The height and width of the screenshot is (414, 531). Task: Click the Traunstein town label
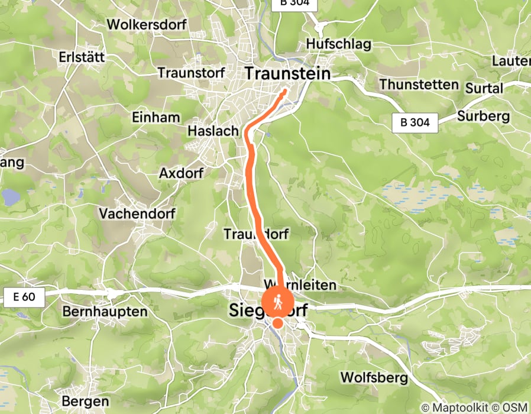tap(287, 73)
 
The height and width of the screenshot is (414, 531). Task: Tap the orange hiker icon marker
tap(277, 303)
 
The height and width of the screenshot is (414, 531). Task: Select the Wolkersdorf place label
tap(147, 25)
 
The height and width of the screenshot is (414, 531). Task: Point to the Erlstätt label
tap(82, 57)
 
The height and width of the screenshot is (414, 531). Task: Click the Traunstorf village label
tap(192, 73)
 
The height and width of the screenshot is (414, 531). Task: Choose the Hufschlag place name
tap(338, 44)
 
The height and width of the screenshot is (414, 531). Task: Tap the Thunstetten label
tap(419, 85)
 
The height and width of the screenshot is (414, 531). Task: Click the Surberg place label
tap(483, 116)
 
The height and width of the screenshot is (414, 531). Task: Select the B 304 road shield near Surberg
tap(415, 123)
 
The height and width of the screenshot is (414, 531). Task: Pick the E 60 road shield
tap(23, 297)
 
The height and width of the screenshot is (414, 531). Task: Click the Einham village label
tap(157, 117)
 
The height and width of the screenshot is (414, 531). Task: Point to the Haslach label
tap(213, 131)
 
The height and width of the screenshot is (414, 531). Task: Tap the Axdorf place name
tap(182, 173)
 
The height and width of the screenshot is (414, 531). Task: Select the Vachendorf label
tap(136, 213)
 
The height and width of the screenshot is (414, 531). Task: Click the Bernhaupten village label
tap(104, 312)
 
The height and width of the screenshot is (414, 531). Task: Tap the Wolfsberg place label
tap(374, 377)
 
